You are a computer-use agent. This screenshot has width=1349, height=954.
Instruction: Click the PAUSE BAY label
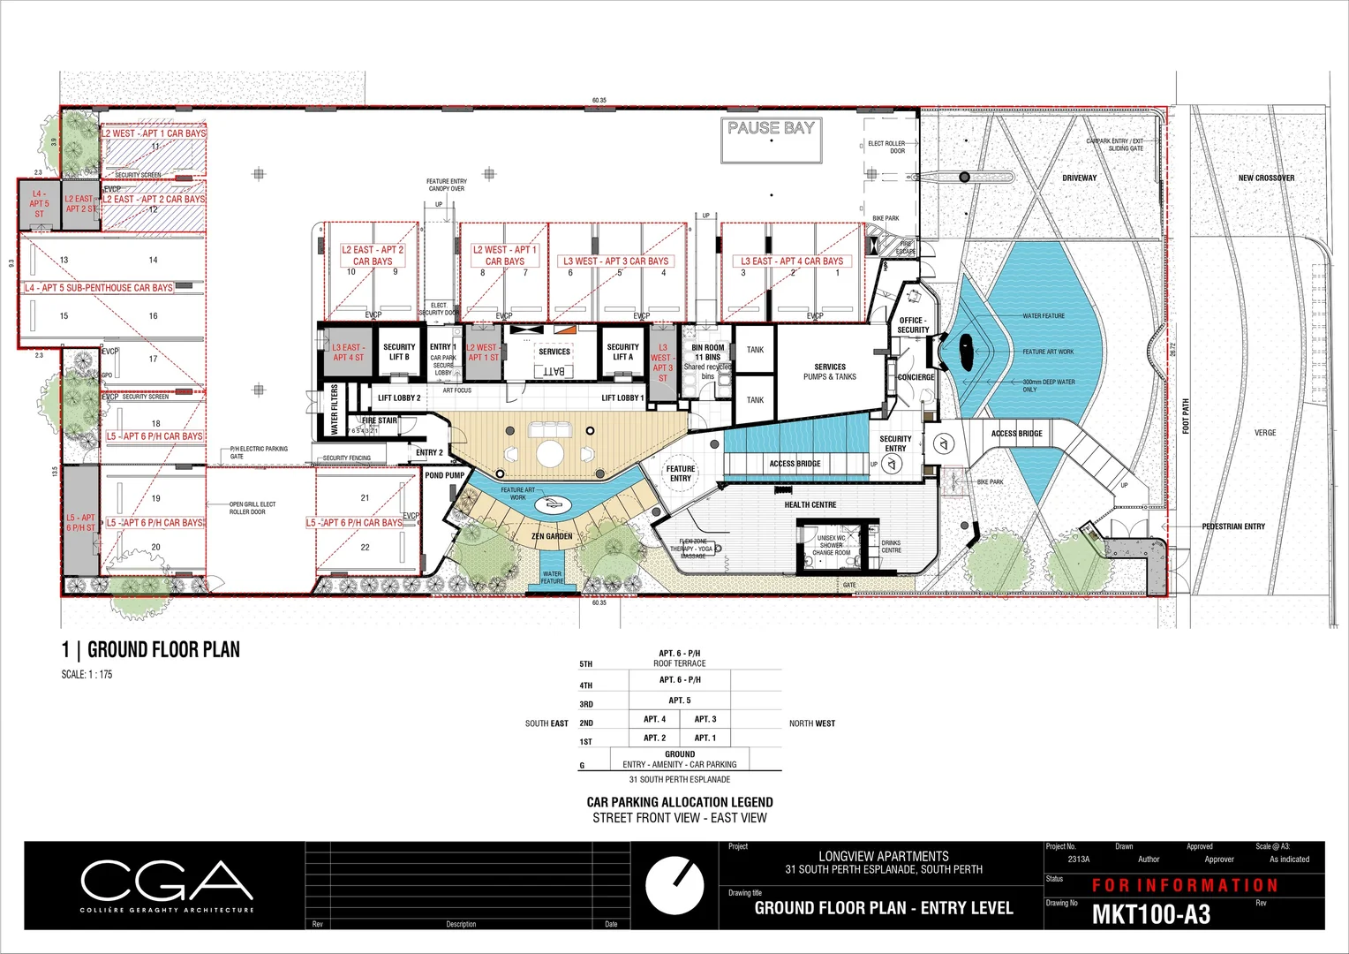click(771, 128)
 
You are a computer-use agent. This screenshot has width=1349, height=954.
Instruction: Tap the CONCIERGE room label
click(916, 377)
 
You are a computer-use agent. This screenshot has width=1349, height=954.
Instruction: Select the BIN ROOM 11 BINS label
click(707, 352)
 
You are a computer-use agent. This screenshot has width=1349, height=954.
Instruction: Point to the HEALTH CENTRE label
click(810, 505)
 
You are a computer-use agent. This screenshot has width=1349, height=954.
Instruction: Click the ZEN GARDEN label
click(552, 536)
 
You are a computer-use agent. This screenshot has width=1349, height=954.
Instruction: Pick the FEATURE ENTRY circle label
click(681, 473)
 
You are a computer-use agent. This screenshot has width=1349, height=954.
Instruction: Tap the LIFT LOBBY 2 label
click(399, 398)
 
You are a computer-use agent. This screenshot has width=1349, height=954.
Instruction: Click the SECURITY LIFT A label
click(622, 352)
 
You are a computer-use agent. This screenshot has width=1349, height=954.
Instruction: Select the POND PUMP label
click(444, 475)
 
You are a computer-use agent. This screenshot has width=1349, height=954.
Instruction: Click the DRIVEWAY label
click(1079, 178)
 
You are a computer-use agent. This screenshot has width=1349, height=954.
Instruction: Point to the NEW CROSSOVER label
click(1266, 178)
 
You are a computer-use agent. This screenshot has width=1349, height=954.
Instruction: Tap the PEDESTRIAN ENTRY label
click(1233, 526)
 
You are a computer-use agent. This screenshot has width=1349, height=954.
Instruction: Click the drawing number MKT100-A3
click(1151, 914)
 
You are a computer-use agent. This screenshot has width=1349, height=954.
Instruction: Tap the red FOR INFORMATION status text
click(1185, 885)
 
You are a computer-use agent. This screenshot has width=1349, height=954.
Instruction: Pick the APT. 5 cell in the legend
click(679, 700)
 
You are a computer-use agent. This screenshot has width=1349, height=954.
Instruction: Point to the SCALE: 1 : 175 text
click(87, 675)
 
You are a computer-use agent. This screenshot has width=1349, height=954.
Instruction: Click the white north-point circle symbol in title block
click(674, 884)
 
